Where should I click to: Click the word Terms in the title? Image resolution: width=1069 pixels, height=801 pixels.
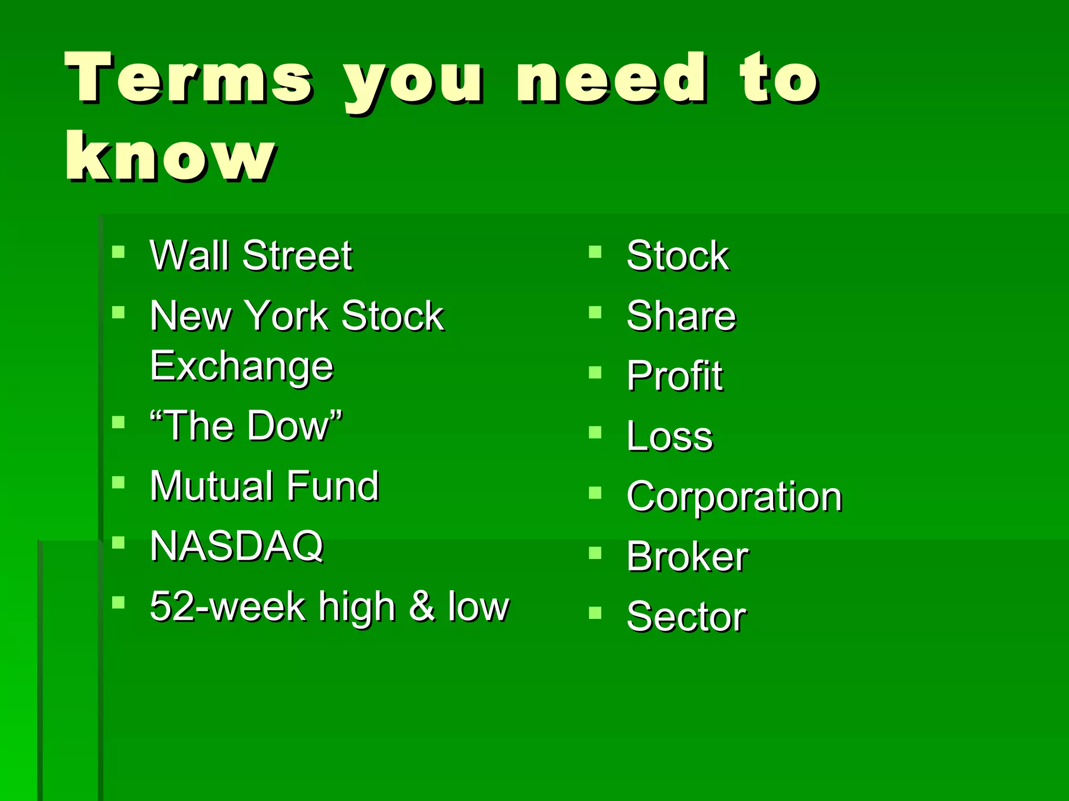[x=189, y=78]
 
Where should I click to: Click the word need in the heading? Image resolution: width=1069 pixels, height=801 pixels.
[x=612, y=78]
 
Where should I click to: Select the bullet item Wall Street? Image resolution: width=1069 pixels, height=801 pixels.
[x=251, y=256]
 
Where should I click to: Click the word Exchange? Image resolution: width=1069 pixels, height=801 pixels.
[x=241, y=367]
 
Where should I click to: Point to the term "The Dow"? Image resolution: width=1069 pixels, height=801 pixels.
[x=246, y=426]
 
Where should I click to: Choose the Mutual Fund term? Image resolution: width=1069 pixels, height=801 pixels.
[x=264, y=486]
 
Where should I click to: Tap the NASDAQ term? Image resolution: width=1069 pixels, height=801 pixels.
[x=236, y=546]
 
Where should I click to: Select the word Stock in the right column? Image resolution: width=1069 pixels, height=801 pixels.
[x=678, y=256]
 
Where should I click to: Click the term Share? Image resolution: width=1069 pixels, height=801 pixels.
[x=681, y=316]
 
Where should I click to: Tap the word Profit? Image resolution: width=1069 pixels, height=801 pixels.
[x=674, y=376]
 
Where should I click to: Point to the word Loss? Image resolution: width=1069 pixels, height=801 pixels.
[x=669, y=436]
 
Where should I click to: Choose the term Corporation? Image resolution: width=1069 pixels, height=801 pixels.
[x=734, y=496]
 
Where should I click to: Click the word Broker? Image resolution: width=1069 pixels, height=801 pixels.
[x=687, y=556]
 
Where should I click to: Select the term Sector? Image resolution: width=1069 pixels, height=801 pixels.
[x=686, y=616]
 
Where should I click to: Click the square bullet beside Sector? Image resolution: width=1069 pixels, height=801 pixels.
[x=595, y=612]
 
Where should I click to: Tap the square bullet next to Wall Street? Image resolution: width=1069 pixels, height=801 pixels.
[x=118, y=252]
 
